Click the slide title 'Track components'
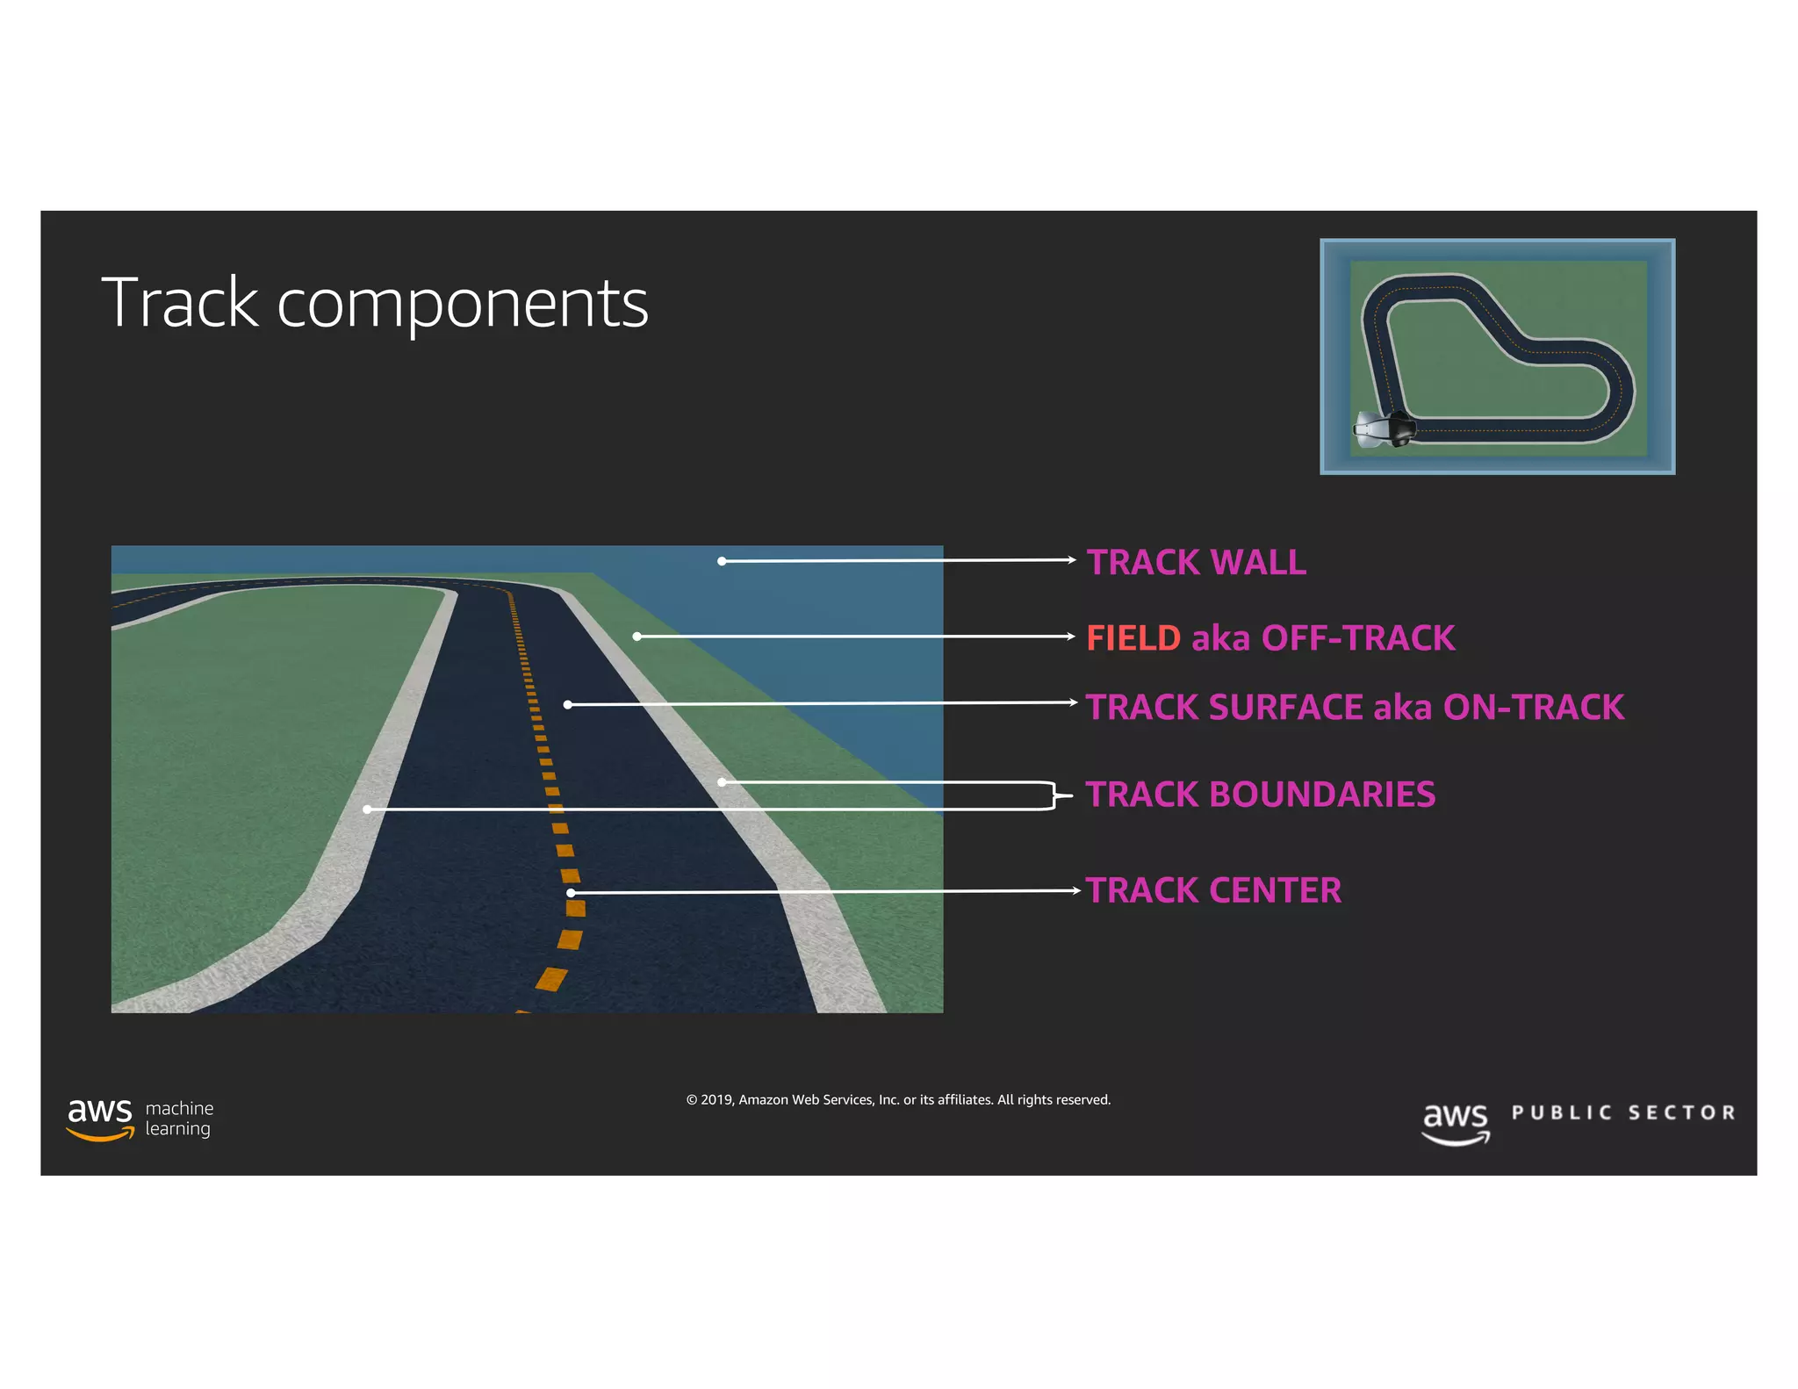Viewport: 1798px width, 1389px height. click(375, 303)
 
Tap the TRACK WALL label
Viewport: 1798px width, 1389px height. click(1196, 562)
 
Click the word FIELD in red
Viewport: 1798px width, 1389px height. click(1133, 638)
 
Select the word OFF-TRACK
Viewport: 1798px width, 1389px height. click(1357, 638)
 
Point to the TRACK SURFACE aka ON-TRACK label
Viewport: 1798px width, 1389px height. click(1354, 708)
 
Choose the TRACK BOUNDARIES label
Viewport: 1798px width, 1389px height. click(1260, 795)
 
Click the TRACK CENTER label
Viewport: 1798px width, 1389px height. click(1213, 890)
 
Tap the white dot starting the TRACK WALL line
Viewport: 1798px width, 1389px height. click(722, 561)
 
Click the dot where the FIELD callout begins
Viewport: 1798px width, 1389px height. click(636, 637)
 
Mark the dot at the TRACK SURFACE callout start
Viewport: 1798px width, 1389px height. click(568, 704)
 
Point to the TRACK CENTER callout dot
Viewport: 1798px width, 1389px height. click(571, 893)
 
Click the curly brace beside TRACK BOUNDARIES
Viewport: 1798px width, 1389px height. click(1058, 795)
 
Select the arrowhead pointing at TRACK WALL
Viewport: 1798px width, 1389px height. click(1072, 559)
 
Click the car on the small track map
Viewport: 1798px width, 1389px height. click(1384, 429)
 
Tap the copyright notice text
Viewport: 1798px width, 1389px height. click(898, 1100)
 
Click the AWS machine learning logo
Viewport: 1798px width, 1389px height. click(140, 1119)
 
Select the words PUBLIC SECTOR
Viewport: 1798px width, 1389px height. click(1623, 1113)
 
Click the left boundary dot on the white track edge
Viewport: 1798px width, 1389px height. click(367, 809)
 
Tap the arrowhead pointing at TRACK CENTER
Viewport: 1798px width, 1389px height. click(1076, 890)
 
